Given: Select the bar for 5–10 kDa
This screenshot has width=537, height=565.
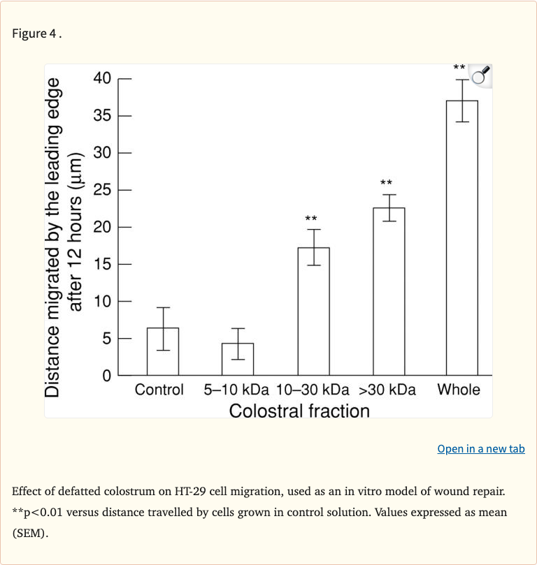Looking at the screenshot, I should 238,359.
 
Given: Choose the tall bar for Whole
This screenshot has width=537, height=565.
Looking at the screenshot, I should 461,237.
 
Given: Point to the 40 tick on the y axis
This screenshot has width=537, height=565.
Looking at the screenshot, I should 102,78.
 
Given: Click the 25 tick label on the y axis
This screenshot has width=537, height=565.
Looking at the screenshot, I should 102,190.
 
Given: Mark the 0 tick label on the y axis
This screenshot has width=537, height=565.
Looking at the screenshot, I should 106,376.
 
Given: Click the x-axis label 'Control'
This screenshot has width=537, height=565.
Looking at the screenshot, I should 159,390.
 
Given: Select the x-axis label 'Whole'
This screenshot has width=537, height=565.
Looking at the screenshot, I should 459,390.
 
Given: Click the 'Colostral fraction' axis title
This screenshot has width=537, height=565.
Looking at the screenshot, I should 299,411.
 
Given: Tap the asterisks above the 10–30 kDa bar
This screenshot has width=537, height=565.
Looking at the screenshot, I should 311,219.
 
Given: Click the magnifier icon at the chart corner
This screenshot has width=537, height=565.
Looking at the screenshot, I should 480,76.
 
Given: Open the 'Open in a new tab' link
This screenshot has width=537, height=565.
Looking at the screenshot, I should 480,449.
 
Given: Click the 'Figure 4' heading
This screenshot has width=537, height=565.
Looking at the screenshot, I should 36,34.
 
